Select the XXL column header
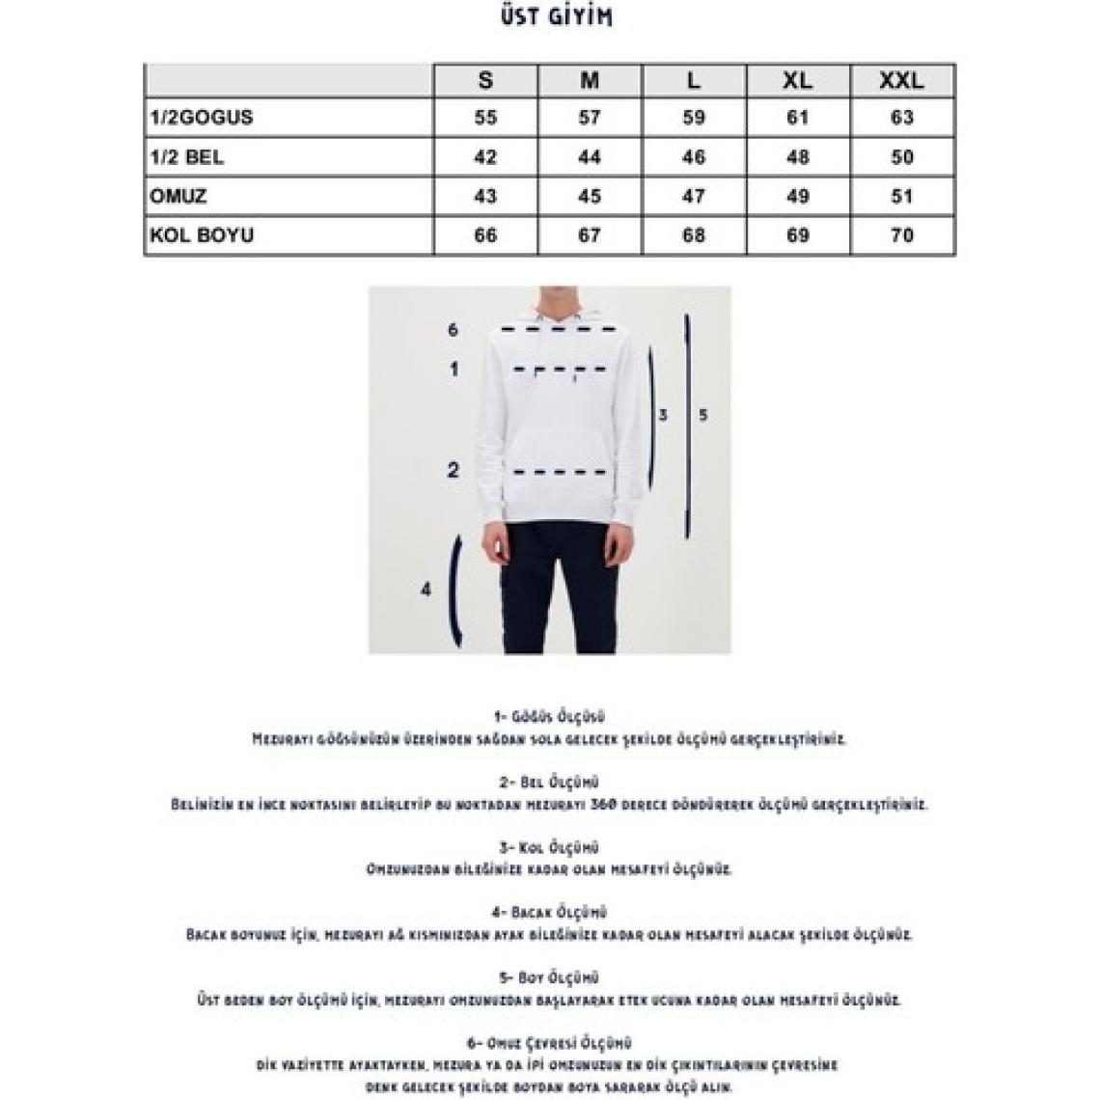click(901, 80)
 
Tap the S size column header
click(485, 80)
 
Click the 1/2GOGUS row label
click(202, 118)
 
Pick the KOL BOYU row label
click(202, 235)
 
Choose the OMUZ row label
click(179, 196)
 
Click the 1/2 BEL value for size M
click(590, 157)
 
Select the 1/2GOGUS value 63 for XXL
click(901, 118)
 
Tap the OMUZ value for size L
click(694, 196)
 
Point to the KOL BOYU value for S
click(485, 235)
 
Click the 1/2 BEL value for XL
click(798, 157)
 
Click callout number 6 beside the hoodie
click(453, 330)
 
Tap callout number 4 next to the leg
click(426, 590)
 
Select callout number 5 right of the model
click(703, 415)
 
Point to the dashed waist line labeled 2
click(561, 472)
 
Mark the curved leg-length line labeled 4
click(456, 591)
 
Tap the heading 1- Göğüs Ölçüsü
click(548, 717)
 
